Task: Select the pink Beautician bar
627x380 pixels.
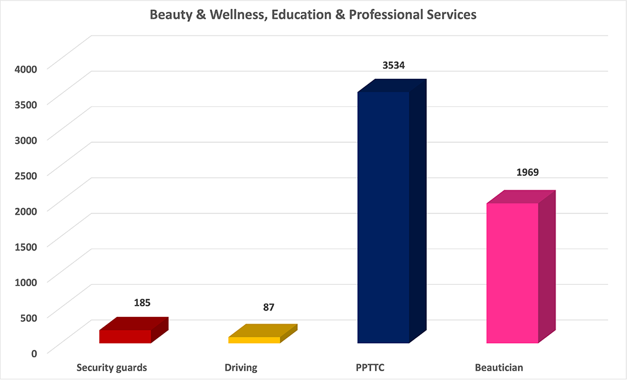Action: pyautogui.click(x=512, y=273)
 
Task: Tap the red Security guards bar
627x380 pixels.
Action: pyautogui.click(x=125, y=336)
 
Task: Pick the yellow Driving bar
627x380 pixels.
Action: pyautogui.click(x=254, y=340)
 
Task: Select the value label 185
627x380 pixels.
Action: pyautogui.click(x=142, y=303)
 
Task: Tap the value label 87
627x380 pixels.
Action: pyautogui.click(x=269, y=307)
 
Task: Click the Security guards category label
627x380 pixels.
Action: pyautogui.click(x=112, y=367)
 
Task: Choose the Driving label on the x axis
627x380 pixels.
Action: pyautogui.click(x=241, y=367)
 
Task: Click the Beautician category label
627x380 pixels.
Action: pyautogui.click(x=498, y=367)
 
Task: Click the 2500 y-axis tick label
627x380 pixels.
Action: pyautogui.click(x=26, y=174)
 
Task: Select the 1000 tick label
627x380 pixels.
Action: pyautogui.click(x=26, y=281)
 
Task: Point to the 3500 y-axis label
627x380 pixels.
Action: pyautogui.click(x=26, y=103)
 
